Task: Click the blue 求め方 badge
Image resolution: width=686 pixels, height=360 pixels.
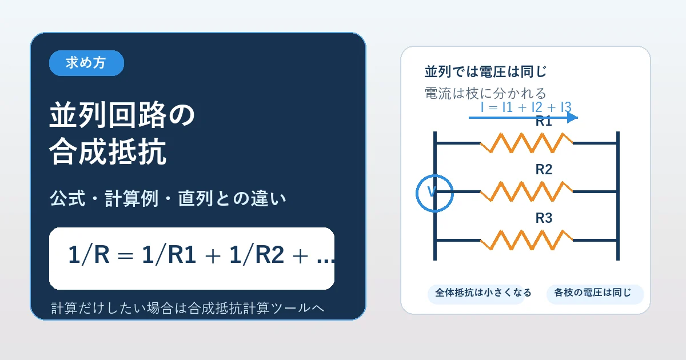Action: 86,63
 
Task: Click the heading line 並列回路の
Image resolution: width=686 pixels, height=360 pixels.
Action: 122,116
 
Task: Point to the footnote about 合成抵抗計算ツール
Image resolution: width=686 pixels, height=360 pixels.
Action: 188,309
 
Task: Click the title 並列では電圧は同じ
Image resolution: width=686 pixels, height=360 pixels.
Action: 485,73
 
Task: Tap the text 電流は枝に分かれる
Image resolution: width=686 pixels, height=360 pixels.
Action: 485,93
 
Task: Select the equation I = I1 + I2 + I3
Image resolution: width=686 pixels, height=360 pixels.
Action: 526,107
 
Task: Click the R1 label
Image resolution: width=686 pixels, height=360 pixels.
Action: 544,121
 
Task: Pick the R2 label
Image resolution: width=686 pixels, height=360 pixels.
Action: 544,170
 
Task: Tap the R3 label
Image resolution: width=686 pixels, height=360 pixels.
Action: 544,218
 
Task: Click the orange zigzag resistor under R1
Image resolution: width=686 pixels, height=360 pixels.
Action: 526,143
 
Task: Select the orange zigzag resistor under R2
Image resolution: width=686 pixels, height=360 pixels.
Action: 526,191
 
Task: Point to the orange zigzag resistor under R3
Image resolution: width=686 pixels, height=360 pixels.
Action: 526,240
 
